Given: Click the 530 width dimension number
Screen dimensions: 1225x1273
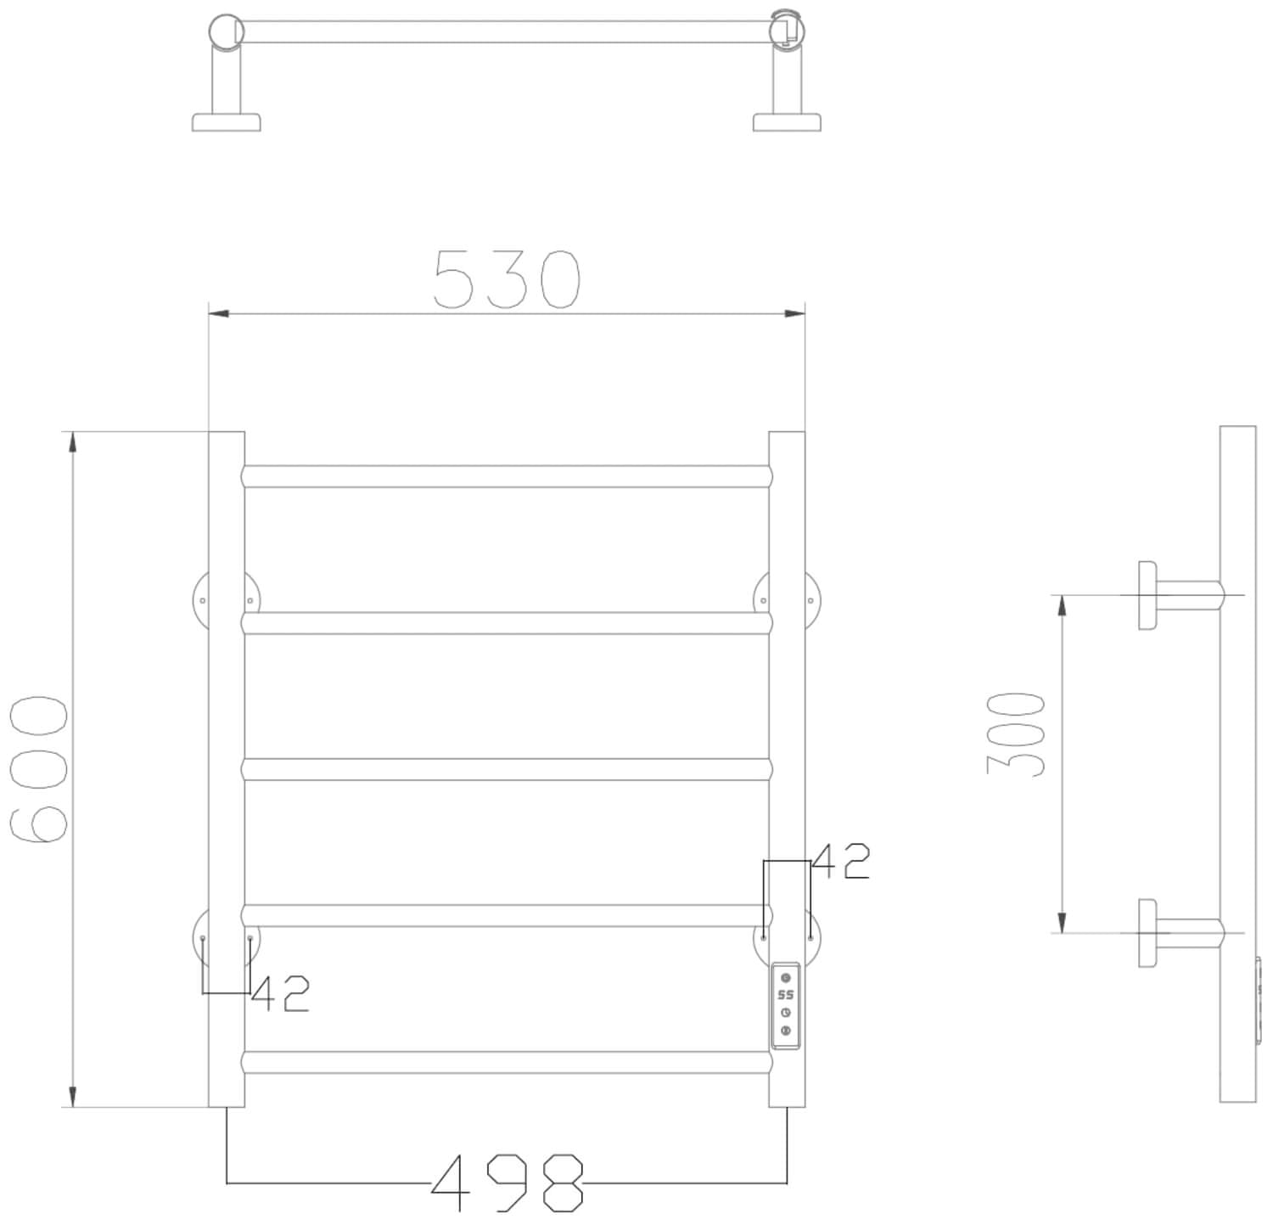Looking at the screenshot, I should pyautogui.click(x=507, y=279).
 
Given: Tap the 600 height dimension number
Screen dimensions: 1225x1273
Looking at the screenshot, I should pyautogui.click(x=39, y=769).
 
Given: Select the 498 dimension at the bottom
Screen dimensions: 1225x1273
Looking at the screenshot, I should pyautogui.click(x=508, y=1183).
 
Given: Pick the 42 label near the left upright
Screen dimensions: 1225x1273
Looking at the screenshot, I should pyautogui.click(x=281, y=993).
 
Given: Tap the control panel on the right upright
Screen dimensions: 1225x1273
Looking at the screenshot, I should pyautogui.click(x=785, y=1005).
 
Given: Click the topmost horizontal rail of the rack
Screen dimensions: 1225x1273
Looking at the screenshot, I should pyautogui.click(x=507, y=476).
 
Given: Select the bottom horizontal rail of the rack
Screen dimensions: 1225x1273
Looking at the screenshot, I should pyautogui.click(x=507, y=1063).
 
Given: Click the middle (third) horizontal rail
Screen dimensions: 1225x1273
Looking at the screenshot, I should pyautogui.click(x=507, y=769).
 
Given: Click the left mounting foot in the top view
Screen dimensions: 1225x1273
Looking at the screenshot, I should pyautogui.click(x=226, y=122).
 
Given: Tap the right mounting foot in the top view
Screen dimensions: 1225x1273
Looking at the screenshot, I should pyautogui.click(x=787, y=122).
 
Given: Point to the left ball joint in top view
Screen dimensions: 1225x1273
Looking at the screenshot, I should pyautogui.click(x=226, y=31).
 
